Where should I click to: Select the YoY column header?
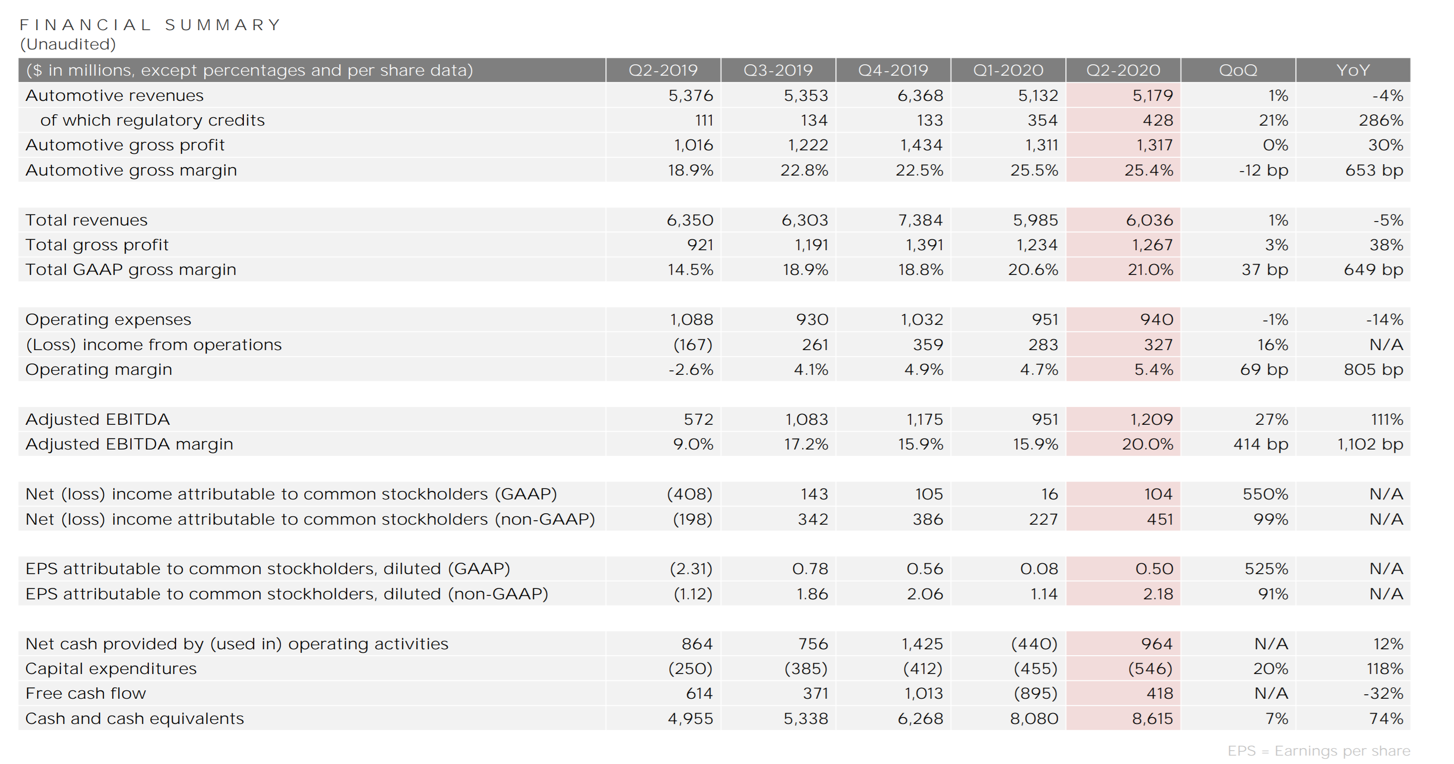[x=1353, y=70]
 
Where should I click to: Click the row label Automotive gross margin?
[x=131, y=170]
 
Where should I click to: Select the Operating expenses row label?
[x=108, y=319]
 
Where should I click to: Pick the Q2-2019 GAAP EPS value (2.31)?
[x=691, y=569]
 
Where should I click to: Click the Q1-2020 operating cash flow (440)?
[x=1034, y=643]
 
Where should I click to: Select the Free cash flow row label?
[x=86, y=693]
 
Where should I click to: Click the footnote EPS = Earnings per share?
[x=1318, y=751]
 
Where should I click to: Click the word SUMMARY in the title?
[x=223, y=25]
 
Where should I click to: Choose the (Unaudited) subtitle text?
[x=68, y=44]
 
